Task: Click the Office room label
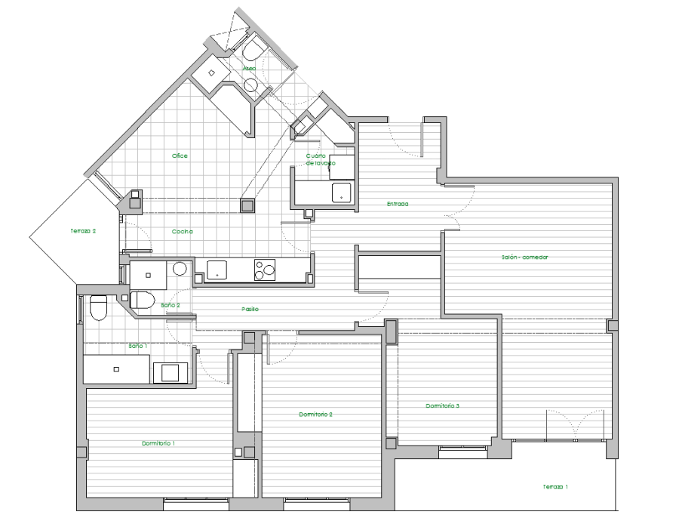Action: [180, 156]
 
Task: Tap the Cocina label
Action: [183, 232]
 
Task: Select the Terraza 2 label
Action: [83, 231]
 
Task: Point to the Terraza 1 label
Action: [555, 487]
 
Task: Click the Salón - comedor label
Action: [525, 257]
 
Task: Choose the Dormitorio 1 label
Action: [158, 443]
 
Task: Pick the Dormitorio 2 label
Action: [315, 415]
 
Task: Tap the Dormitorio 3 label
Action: [443, 405]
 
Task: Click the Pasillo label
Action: [250, 309]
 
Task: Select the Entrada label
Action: [398, 204]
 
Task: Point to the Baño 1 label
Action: [138, 346]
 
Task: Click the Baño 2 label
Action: [171, 305]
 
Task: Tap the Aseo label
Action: [249, 69]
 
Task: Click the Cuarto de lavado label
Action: [321, 159]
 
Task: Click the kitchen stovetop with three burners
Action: [265, 270]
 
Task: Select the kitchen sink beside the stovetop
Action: [217, 270]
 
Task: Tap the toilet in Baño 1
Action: [98, 307]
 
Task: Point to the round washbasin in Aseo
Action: [250, 85]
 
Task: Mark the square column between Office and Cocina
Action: [247, 205]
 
